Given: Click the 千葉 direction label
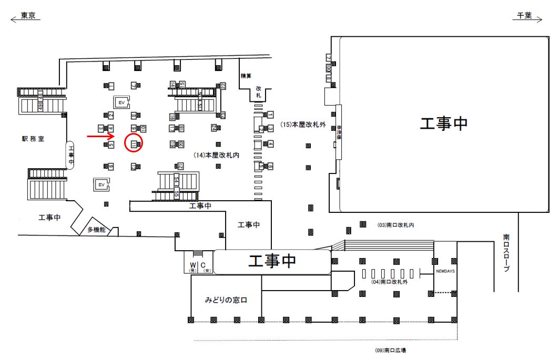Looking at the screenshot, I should click(524, 16).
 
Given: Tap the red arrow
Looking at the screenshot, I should click(101, 137).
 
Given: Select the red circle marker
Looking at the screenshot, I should click(134, 143).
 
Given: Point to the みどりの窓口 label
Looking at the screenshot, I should click(226, 300).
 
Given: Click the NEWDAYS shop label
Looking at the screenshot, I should click(445, 272).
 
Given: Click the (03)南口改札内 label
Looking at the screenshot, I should click(395, 225).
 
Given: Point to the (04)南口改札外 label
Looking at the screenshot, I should click(390, 282).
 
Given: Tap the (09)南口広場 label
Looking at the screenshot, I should click(391, 350).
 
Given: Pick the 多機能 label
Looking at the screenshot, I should click(97, 230).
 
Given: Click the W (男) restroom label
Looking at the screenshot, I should click(192, 267).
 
